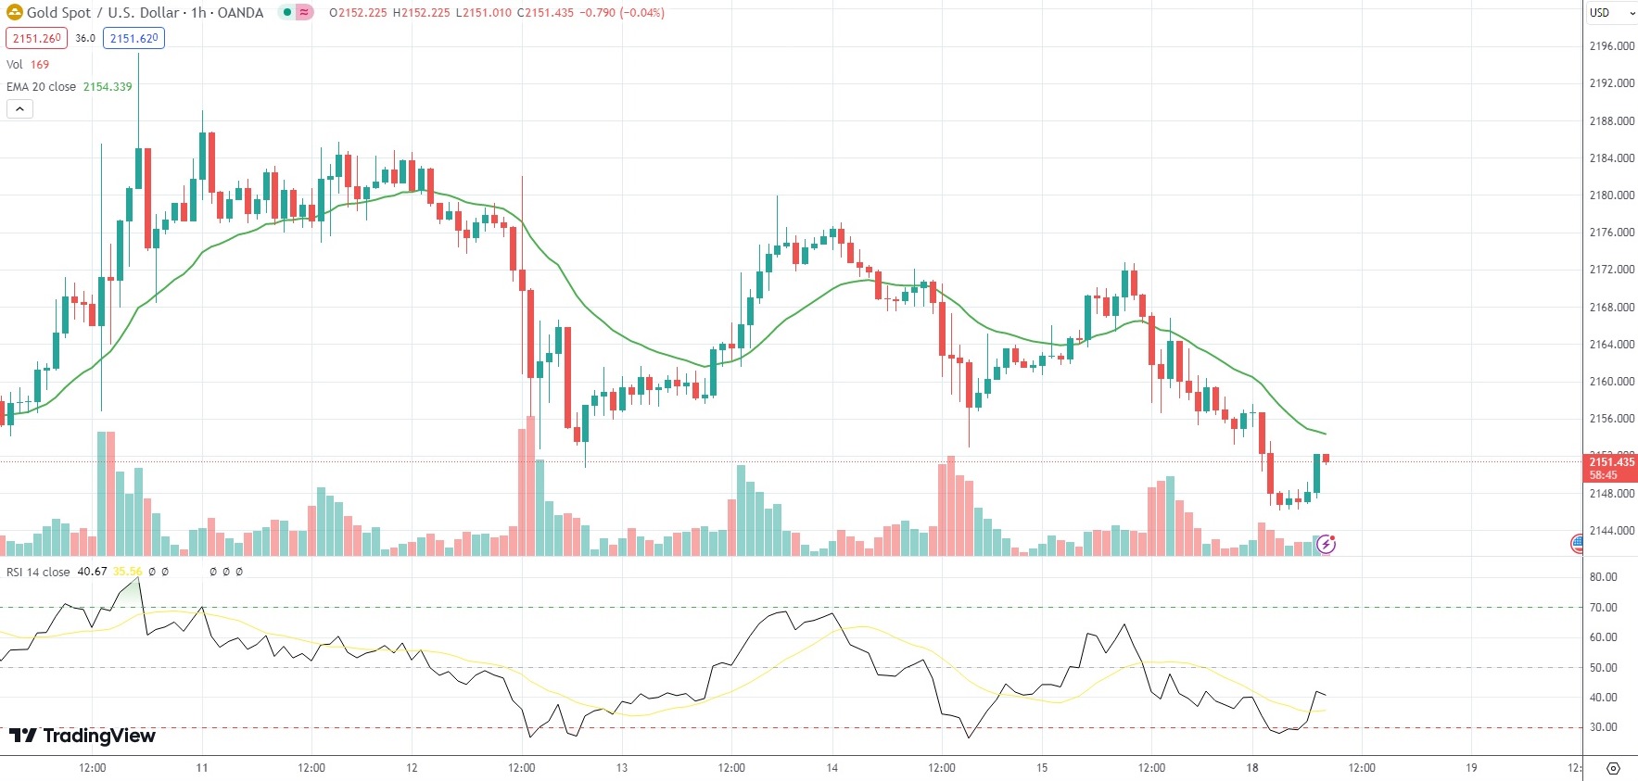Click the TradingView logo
click(x=83, y=736)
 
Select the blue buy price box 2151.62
click(x=133, y=38)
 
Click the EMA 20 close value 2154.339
click(x=108, y=86)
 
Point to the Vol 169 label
click(x=28, y=64)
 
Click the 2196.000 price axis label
click(x=1611, y=46)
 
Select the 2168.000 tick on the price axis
click(x=1611, y=308)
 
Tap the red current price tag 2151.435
click(x=1611, y=467)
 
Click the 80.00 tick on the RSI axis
click(x=1603, y=577)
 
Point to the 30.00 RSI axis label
click(x=1603, y=727)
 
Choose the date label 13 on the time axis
click(x=622, y=768)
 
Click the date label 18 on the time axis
click(x=1252, y=768)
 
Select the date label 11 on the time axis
click(x=202, y=768)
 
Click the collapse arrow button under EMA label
click(x=19, y=109)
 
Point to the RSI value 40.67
click(x=92, y=572)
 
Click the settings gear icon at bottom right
click(x=1613, y=768)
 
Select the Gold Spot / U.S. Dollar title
click(x=145, y=13)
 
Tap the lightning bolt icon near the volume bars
click(x=1327, y=544)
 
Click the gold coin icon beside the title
click(x=14, y=13)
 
